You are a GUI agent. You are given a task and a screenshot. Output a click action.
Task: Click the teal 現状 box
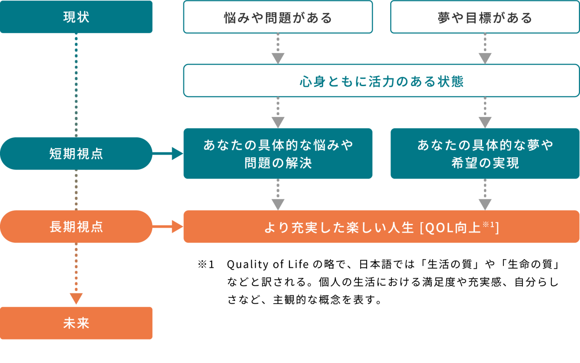pos(76,17)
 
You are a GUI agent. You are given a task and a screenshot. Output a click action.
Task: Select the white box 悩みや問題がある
pos(278,17)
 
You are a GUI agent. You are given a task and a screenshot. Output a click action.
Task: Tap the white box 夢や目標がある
pos(485,17)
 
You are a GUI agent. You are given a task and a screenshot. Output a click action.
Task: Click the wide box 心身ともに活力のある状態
pos(381,81)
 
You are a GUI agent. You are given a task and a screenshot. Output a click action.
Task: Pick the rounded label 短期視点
pos(76,154)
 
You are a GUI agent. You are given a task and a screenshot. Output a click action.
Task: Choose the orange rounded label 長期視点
pos(76,227)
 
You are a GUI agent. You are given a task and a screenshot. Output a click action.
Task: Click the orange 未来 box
pos(76,323)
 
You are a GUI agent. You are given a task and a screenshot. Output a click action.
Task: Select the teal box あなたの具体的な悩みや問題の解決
pos(278,154)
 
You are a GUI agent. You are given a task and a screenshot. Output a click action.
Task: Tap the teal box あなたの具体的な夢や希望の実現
pos(485,154)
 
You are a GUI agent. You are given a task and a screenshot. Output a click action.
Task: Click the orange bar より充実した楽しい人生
pos(381,227)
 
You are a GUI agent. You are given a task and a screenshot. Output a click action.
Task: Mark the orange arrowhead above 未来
pos(76,298)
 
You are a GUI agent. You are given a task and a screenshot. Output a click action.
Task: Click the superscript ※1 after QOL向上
pos(489,223)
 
